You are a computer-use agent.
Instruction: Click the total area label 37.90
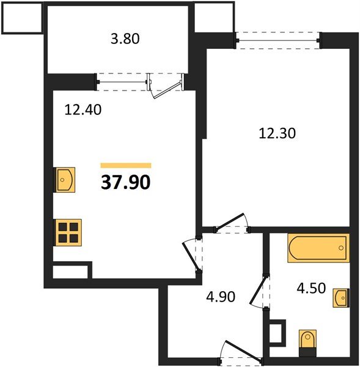tap(126, 182)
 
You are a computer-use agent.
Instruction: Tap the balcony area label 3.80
tap(125, 39)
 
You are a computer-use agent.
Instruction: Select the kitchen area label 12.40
tap(83, 109)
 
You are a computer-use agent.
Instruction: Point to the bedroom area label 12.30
tap(277, 133)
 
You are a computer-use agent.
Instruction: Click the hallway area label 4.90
tap(221, 297)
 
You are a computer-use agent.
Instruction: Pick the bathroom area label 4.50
tap(311, 288)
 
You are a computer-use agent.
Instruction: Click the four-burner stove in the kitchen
tap(68, 232)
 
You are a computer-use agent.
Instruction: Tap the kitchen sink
tap(65, 180)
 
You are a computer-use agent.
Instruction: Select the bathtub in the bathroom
tap(318, 248)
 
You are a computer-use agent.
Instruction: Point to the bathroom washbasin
tap(341, 298)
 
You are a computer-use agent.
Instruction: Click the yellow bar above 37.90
tap(126, 166)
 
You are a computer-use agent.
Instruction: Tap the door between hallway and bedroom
tap(232, 223)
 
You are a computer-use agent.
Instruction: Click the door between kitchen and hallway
tap(193, 255)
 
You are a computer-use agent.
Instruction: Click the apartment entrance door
tap(241, 352)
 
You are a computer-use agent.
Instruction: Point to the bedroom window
tap(277, 40)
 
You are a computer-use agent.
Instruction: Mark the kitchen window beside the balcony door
tap(122, 82)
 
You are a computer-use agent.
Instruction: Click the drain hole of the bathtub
tap(341, 248)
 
